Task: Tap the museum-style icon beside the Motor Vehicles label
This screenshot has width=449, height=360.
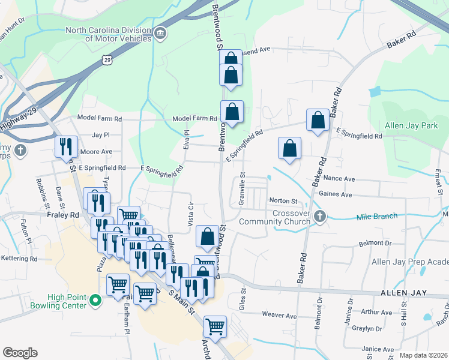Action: [160, 33]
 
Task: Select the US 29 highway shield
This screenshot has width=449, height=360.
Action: [107, 59]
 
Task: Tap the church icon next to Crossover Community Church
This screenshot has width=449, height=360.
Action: [320, 215]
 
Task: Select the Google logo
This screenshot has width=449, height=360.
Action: [20, 353]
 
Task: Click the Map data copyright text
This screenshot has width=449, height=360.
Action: [423, 355]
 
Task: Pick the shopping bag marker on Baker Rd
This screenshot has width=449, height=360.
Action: [318, 120]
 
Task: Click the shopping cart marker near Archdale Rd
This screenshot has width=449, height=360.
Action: [215, 327]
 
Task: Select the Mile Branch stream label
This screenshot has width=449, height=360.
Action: [378, 217]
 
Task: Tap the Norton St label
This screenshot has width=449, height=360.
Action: [283, 200]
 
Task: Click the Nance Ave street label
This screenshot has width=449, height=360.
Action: [339, 179]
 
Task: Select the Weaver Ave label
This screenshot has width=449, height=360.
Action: [280, 315]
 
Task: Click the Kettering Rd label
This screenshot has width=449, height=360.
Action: [19, 259]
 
